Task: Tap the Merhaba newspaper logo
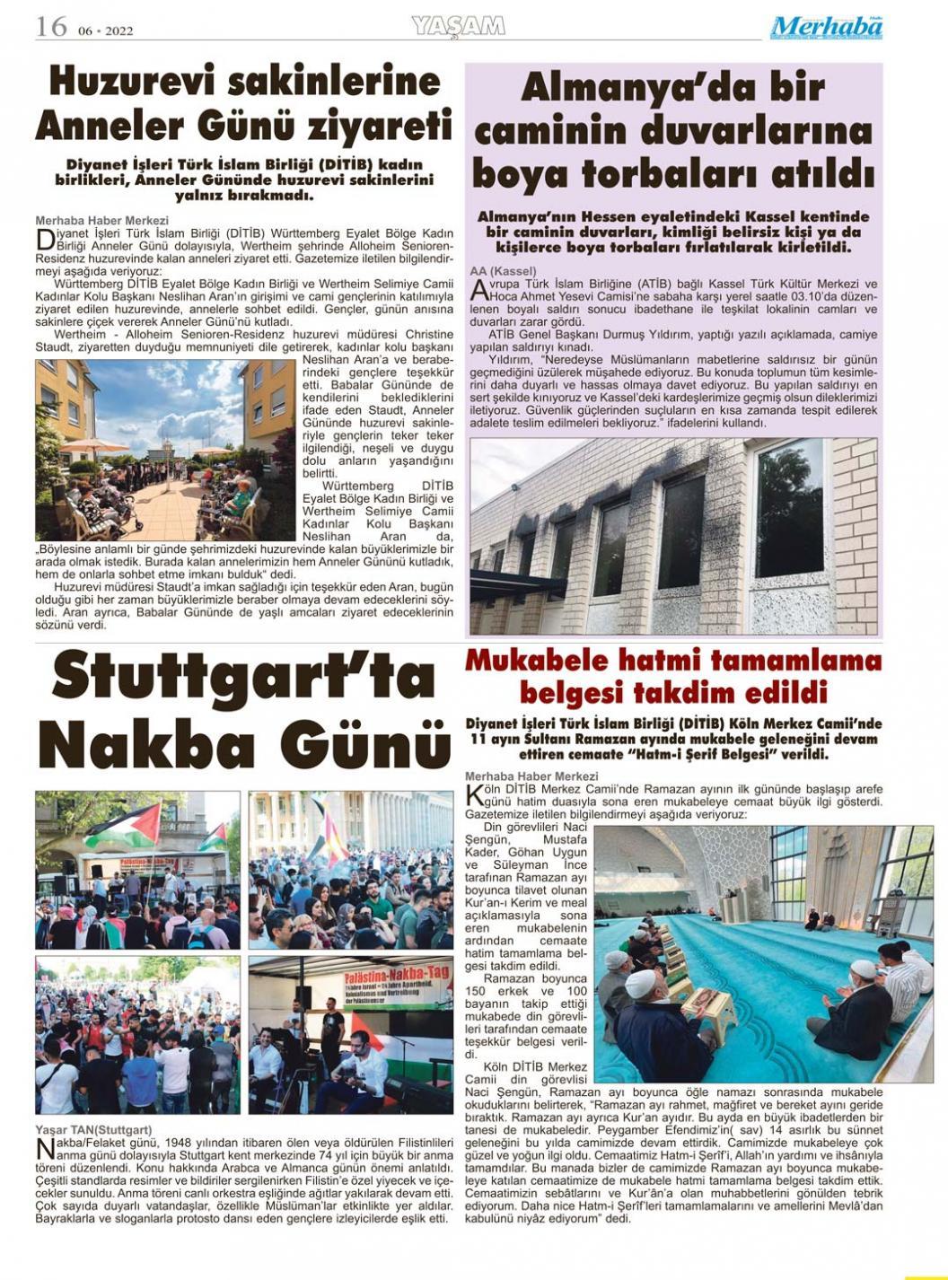[x=826, y=28]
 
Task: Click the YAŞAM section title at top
[x=458, y=27]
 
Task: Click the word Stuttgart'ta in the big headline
[x=242, y=679]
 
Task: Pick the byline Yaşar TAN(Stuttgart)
[x=93, y=1129]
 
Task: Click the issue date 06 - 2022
[x=105, y=31]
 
